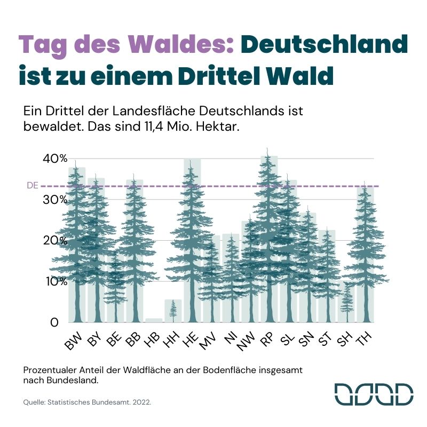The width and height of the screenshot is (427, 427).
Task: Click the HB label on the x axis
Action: (x=152, y=338)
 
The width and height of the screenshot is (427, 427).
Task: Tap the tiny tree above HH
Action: (x=172, y=310)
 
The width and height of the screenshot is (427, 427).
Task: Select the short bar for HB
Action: (x=154, y=320)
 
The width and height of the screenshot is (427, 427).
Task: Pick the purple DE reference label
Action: (x=33, y=186)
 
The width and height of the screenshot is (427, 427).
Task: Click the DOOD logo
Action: (x=374, y=393)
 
